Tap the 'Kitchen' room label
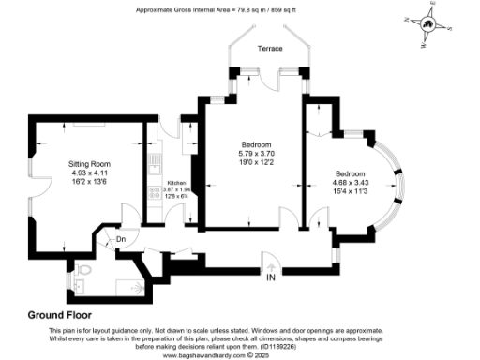tap(176, 183)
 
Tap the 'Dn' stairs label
tap(120, 239)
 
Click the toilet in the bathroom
tap(84, 273)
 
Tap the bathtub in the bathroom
tap(118, 283)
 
